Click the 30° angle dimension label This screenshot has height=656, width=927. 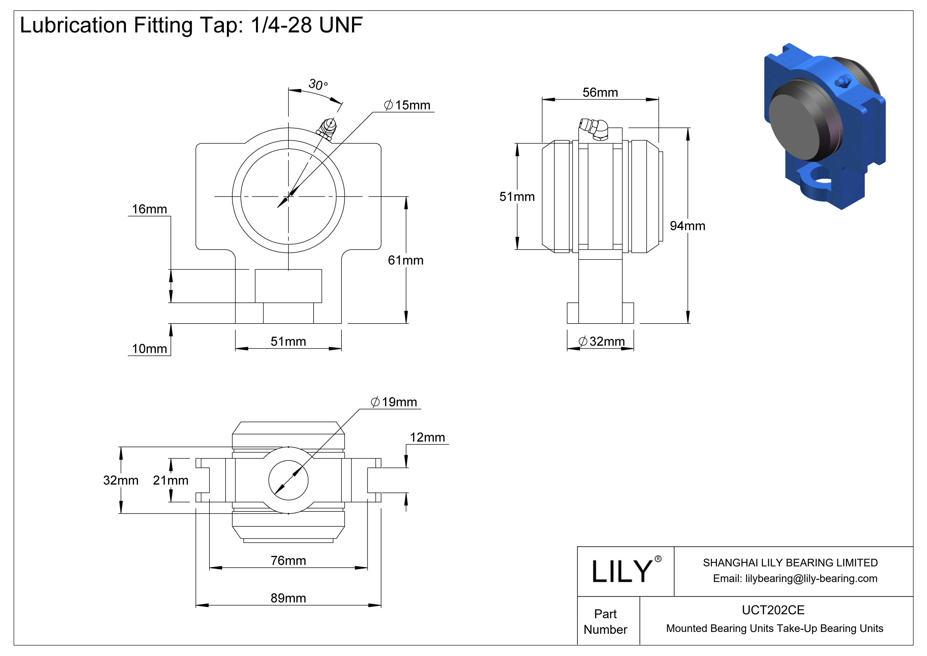(x=318, y=84)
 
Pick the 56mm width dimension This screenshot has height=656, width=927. (x=600, y=93)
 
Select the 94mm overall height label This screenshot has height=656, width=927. (x=687, y=226)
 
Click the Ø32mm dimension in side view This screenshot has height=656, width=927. (x=602, y=342)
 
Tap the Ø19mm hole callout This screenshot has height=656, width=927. (x=394, y=402)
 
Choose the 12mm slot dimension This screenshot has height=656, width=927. (x=427, y=437)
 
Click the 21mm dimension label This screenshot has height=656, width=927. (x=170, y=480)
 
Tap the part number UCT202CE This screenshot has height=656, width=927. (x=773, y=610)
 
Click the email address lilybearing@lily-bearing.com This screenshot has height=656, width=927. (x=811, y=579)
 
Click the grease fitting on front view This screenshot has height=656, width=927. (x=327, y=128)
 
